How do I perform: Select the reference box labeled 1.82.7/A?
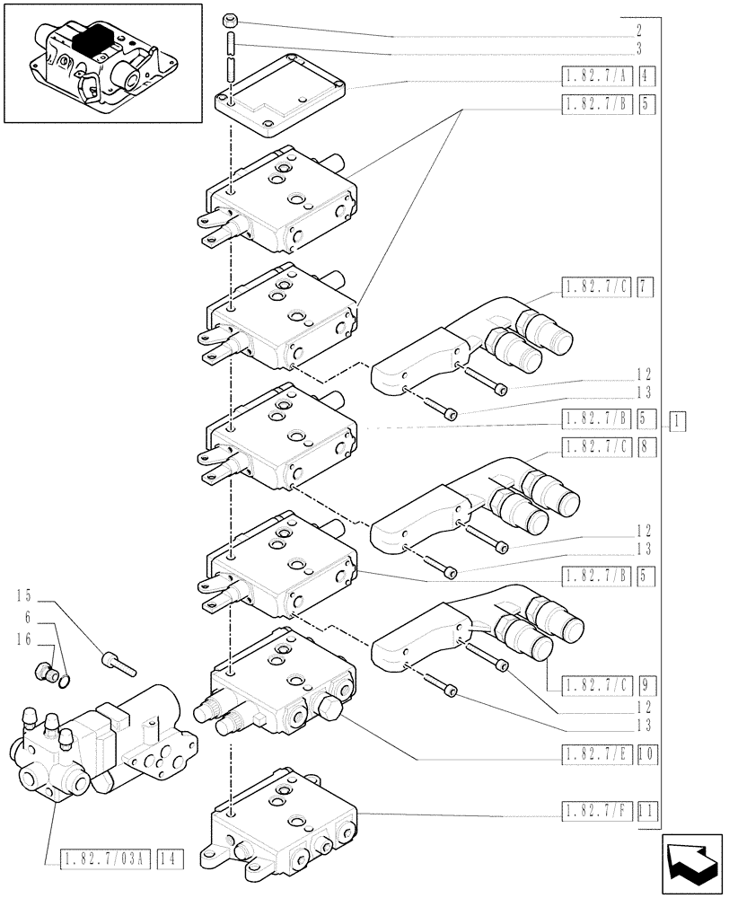(x=597, y=76)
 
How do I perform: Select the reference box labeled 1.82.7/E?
(x=597, y=757)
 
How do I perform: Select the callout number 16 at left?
(x=24, y=639)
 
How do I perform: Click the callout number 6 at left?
(x=29, y=618)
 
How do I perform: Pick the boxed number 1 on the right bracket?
(x=679, y=418)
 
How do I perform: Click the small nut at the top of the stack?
(x=230, y=18)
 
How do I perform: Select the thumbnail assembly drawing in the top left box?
(x=102, y=63)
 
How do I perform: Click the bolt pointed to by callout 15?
(x=119, y=662)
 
